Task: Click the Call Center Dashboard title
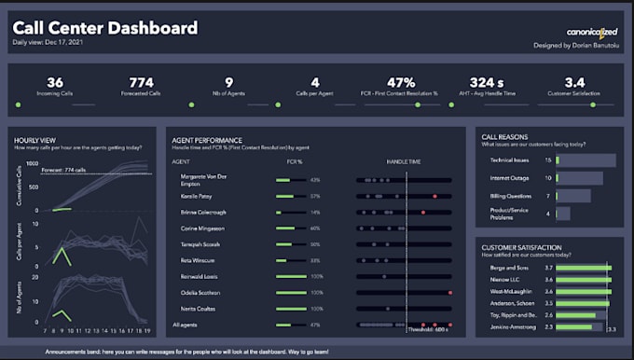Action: click(x=104, y=28)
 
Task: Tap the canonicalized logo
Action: click(x=591, y=31)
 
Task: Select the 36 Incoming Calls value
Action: click(x=55, y=82)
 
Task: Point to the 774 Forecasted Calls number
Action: click(x=142, y=82)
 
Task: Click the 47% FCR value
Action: click(x=401, y=82)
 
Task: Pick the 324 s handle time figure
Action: click(x=487, y=82)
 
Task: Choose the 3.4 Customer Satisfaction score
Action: click(x=574, y=82)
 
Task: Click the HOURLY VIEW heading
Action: click(x=38, y=139)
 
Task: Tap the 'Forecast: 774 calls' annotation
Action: click(x=64, y=170)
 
